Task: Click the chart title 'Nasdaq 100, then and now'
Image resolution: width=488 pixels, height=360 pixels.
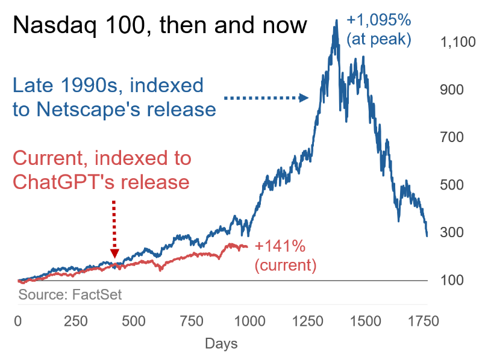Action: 160,25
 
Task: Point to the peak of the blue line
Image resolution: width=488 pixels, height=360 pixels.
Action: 336,20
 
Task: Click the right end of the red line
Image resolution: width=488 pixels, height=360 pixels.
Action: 248,247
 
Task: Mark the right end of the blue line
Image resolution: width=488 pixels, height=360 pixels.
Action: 427,236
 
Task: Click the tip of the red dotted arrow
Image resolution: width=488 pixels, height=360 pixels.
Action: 114,258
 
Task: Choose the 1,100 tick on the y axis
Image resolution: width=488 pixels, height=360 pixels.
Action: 458,42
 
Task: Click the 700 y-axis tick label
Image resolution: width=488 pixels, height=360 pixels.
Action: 452,137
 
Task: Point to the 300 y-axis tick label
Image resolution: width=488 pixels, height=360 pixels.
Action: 452,232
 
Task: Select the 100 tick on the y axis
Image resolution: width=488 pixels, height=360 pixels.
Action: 452,280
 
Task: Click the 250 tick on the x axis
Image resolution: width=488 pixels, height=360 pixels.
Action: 76,321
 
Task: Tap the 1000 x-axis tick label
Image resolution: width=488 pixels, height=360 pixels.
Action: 249,321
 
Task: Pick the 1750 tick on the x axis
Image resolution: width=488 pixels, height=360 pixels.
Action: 424,321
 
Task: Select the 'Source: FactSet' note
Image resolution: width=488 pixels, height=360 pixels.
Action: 70,294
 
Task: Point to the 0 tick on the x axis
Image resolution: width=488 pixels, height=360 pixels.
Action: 18,321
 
